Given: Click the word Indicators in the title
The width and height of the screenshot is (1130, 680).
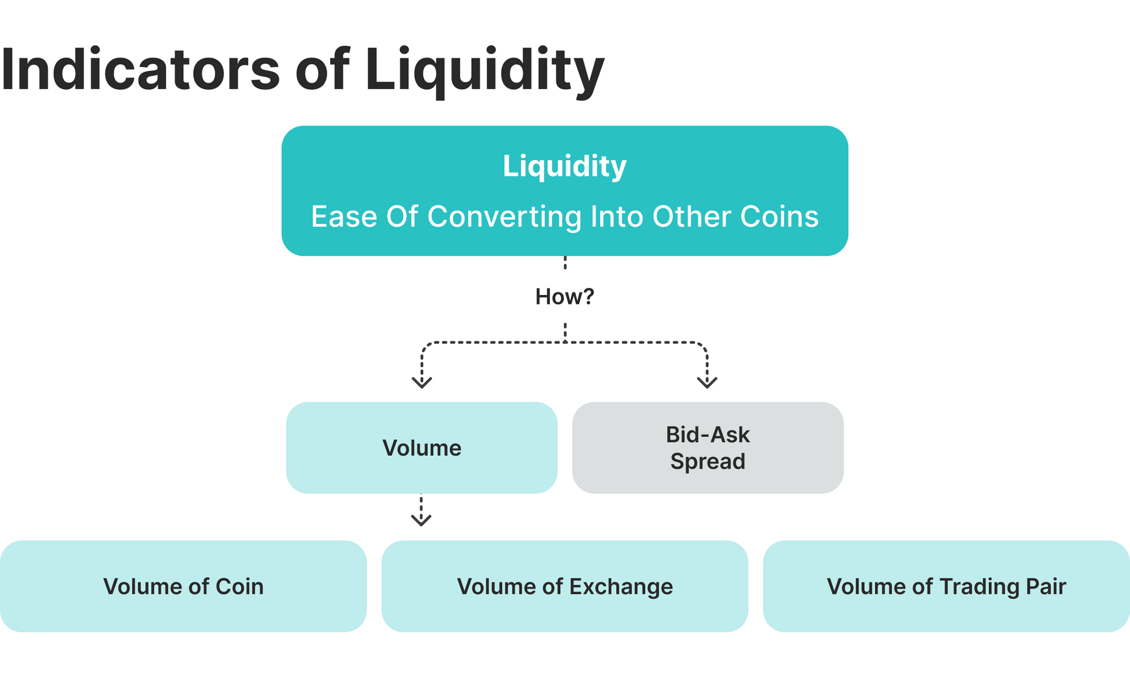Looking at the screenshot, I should pos(140,69).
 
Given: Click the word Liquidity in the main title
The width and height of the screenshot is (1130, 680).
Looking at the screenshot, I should pos(484,69).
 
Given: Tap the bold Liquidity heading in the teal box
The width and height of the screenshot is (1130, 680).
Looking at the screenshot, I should pos(564,166).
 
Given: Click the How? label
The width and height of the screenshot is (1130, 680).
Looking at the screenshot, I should pos(564,297).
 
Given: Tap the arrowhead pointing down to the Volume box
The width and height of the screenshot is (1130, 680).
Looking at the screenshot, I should pos(422,383).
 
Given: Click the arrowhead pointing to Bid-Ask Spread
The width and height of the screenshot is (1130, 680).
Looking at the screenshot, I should pos(707,383).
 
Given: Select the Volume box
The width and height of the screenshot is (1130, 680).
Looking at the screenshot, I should pos(421,447).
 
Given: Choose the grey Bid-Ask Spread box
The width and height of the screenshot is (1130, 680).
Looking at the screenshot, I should pos(707,447).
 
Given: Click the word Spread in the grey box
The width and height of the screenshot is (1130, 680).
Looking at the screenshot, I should pos(707,462).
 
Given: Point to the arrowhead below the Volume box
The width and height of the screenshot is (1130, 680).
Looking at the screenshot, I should pos(421,520).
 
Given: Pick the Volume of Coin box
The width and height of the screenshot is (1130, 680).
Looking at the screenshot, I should pos(183,586).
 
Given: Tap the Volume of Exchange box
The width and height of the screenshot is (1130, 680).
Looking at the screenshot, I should pos(564,586).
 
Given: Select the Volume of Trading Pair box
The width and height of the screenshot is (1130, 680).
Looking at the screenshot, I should pos(946,586).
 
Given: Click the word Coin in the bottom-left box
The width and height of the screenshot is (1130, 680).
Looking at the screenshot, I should pos(240,587).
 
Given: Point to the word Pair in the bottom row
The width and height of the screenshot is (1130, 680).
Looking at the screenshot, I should pos(1046,587).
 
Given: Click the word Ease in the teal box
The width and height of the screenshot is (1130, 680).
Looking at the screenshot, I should pos(344,217).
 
